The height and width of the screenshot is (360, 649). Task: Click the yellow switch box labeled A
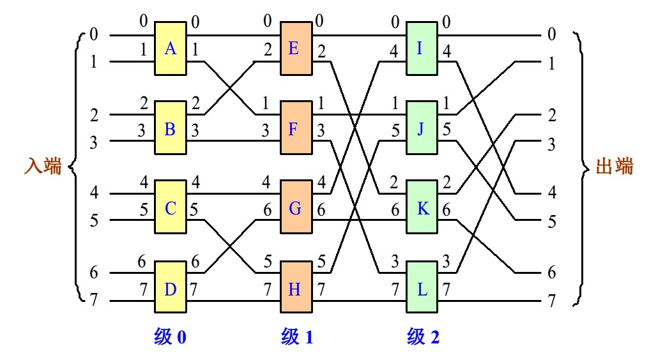click(x=170, y=49)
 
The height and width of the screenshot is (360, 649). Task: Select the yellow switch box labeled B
click(x=170, y=129)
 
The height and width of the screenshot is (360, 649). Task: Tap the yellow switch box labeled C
click(x=170, y=207)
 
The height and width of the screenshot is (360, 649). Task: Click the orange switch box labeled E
click(x=295, y=49)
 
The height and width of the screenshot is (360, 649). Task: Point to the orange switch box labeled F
click(x=295, y=129)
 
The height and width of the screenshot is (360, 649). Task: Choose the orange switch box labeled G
click(x=295, y=207)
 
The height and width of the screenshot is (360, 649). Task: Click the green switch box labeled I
click(x=422, y=49)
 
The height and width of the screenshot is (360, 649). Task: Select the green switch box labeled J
click(x=422, y=129)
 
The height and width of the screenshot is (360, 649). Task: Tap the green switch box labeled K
click(x=422, y=207)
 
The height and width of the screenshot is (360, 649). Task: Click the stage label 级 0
click(x=170, y=336)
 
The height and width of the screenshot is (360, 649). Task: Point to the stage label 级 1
click(x=296, y=336)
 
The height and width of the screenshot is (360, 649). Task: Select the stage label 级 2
click(x=423, y=336)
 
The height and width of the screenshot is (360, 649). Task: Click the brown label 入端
click(x=43, y=167)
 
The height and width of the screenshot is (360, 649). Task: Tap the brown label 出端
click(x=614, y=167)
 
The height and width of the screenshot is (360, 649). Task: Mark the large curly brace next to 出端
click(x=583, y=167)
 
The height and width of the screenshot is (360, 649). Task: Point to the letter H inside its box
click(x=294, y=289)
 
